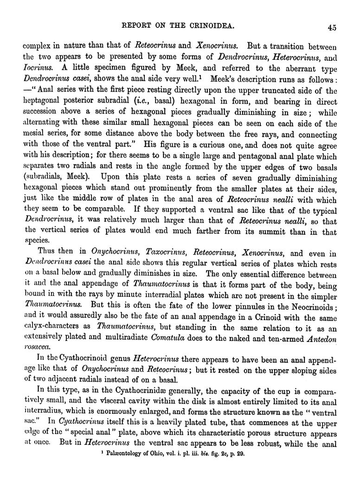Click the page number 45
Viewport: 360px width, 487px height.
[x=331, y=27]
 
